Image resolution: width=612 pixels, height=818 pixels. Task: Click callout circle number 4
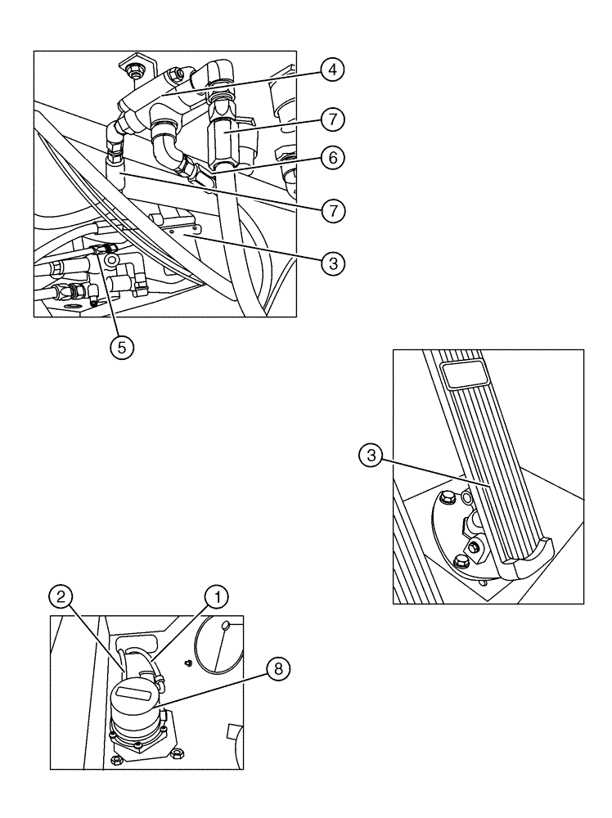tap(331, 70)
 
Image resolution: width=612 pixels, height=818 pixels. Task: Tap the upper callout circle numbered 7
tap(331, 119)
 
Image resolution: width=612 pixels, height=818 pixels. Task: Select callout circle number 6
tap(331, 158)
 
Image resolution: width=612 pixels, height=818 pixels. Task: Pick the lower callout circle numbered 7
tap(331, 210)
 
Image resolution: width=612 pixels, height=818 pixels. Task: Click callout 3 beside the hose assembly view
tap(331, 263)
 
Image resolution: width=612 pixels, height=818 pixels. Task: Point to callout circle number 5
tap(121, 346)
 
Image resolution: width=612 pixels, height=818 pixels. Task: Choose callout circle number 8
tap(279, 668)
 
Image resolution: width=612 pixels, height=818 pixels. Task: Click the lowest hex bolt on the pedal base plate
tap(459, 561)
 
